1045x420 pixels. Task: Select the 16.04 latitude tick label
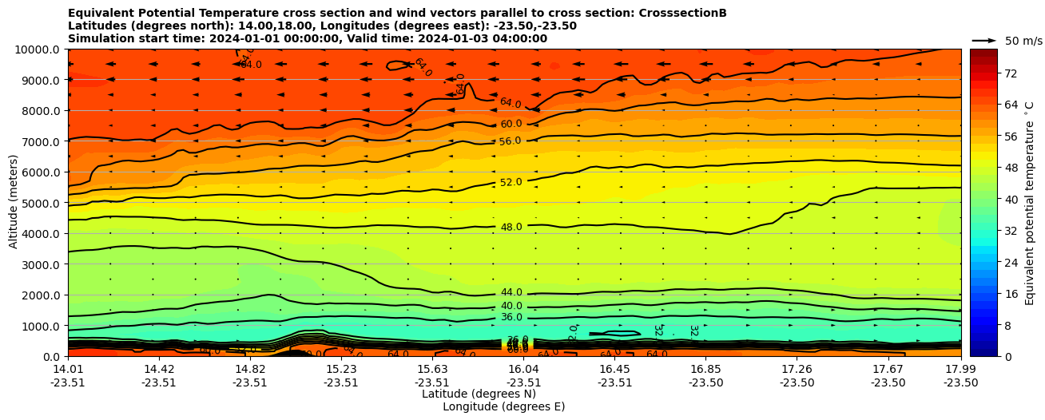(x=523, y=369)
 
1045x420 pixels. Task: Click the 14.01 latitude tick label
(x=68, y=369)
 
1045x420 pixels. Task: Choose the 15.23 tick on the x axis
(x=341, y=369)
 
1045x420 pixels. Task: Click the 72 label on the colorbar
(x=1010, y=73)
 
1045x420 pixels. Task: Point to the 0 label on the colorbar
(x=1007, y=356)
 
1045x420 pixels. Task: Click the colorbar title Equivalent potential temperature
(x=1030, y=203)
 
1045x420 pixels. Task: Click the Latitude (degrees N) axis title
(x=479, y=394)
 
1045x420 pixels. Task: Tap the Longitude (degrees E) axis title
(x=503, y=406)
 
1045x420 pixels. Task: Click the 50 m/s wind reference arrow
(x=984, y=40)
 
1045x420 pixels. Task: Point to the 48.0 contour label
(x=511, y=228)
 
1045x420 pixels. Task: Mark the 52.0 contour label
(x=511, y=183)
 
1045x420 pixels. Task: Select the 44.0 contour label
(x=511, y=293)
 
